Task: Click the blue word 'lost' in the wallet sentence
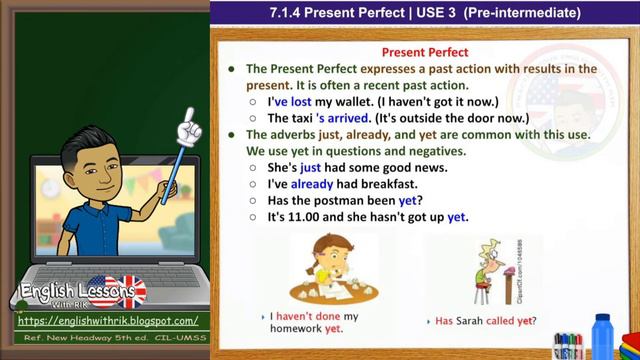pyautogui.click(x=306, y=101)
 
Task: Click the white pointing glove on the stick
pyautogui.click(x=185, y=130)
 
